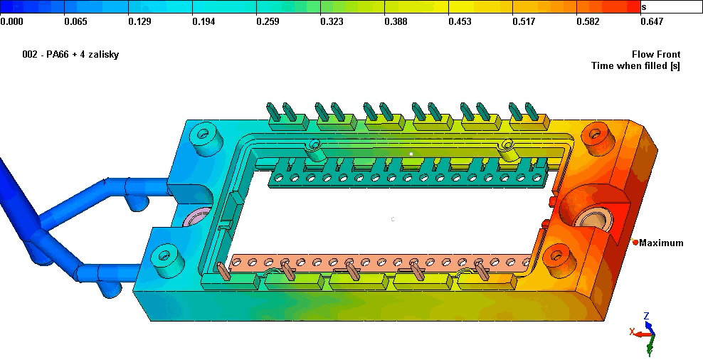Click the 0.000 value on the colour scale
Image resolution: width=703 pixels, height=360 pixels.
pyautogui.click(x=11, y=21)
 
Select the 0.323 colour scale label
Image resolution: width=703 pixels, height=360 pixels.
pyautogui.click(x=332, y=21)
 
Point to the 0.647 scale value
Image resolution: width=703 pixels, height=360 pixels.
pyautogui.click(x=652, y=21)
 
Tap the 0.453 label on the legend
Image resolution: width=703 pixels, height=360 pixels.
pyautogui.click(x=460, y=21)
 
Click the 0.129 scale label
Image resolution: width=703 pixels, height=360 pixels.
pyautogui.click(x=139, y=21)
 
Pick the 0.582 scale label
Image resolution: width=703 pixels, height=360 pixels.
pyautogui.click(x=588, y=21)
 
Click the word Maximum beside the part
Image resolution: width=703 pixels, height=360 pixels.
pyautogui.click(x=661, y=243)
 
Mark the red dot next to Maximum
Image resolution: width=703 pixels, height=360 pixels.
pyautogui.click(x=635, y=243)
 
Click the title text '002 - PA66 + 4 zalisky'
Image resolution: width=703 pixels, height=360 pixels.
pyautogui.click(x=70, y=55)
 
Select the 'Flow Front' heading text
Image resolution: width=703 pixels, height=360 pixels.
pyautogui.click(x=656, y=54)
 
